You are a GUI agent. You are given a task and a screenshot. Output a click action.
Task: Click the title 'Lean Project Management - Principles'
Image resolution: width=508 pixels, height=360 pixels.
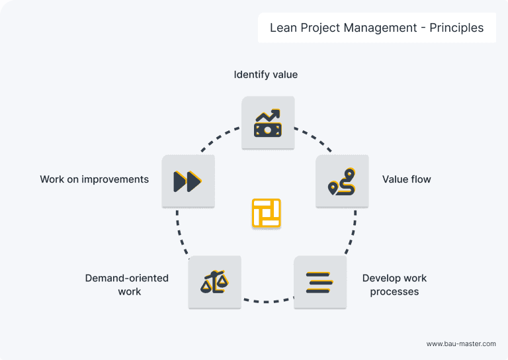tap(376, 28)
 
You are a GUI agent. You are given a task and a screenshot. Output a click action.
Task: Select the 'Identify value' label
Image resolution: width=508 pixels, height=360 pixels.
tap(266, 75)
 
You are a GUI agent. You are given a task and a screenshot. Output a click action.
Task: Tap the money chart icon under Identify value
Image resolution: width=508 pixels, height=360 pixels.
tap(267, 122)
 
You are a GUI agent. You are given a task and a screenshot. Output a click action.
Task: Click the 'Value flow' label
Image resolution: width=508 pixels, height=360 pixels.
tap(406, 179)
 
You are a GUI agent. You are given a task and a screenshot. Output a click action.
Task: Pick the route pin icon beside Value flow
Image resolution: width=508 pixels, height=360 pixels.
tap(342, 181)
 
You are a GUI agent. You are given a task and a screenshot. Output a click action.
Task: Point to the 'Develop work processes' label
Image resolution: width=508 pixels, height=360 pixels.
tap(394, 285)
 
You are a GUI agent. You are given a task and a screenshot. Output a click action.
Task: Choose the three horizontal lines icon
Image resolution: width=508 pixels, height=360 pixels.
tap(319, 283)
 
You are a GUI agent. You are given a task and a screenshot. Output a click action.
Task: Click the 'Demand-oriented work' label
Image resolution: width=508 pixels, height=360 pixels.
tap(127, 285)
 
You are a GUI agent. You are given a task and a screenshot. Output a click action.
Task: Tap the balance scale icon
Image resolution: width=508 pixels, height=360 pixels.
tap(214, 283)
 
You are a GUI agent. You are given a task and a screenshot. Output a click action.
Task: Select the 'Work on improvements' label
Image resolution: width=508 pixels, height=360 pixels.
tap(94, 179)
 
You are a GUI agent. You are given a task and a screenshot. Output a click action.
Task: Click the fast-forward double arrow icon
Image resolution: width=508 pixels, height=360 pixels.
tap(188, 181)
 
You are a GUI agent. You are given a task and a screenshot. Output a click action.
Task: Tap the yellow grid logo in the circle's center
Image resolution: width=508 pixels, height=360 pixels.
tap(267, 213)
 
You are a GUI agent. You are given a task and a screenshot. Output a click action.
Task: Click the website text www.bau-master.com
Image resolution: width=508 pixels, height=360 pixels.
tap(461, 343)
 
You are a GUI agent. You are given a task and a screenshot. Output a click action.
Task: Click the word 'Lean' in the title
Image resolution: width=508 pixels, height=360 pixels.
tap(282, 28)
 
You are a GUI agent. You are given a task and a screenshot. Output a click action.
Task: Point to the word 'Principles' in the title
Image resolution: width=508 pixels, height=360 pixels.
tap(456, 28)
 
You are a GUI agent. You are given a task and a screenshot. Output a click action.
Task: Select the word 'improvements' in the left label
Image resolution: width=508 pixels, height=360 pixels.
tap(115, 179)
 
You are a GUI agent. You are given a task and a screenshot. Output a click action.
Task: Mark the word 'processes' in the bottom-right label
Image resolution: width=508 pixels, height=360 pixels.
tap(394, 292)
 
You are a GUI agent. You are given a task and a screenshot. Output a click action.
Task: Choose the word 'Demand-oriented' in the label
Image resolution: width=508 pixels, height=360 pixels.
tap(127, 278)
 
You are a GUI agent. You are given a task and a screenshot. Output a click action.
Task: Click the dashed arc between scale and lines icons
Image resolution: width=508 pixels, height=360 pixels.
tap(267, 302)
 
